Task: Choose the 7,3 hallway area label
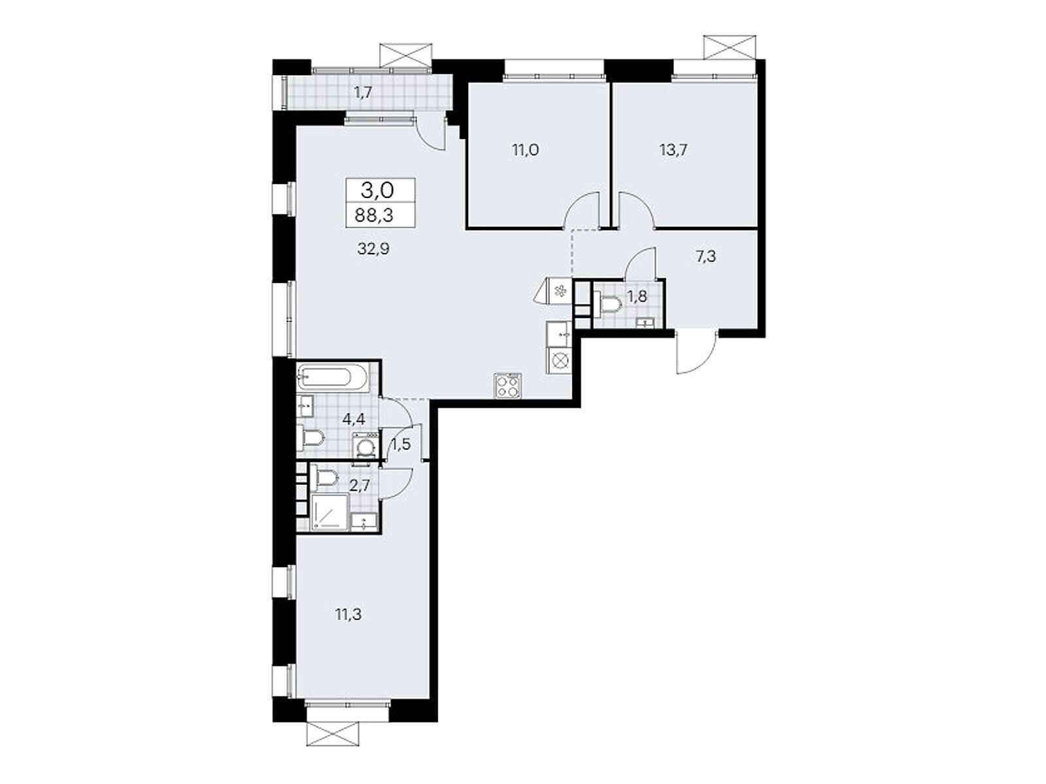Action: [706, 257]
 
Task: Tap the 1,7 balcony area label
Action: [363, 92]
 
